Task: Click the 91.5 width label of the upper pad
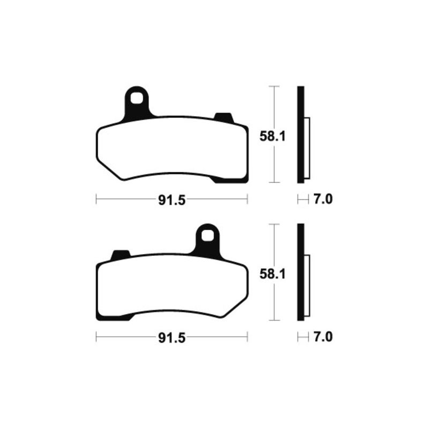[171, 200]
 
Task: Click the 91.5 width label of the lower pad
[171, 338]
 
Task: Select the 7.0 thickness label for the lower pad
[322, 338]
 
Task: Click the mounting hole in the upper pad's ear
[138, 99]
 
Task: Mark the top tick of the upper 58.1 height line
[274, 86]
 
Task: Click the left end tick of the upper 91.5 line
[96, 200]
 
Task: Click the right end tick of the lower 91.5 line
[247, 338]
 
